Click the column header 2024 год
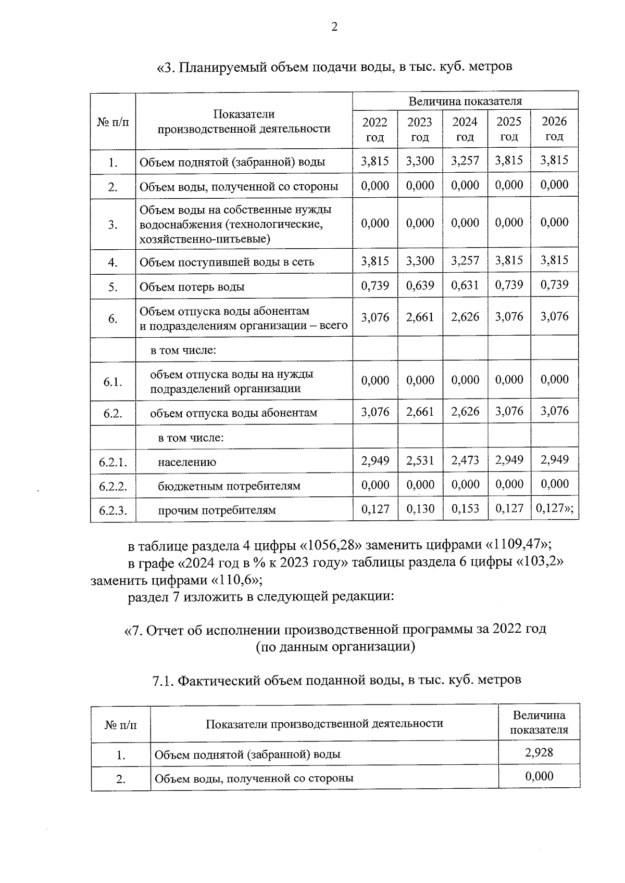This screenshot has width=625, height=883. point(465,129)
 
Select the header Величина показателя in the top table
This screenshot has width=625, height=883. point(465,101)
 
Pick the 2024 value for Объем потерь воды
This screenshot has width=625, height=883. point(465,286)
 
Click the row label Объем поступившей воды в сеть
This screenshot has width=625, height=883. point(227,262)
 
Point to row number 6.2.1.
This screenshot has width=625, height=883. point(113,462)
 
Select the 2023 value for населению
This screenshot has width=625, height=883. point(420,460)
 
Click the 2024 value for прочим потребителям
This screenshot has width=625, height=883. point(465,508)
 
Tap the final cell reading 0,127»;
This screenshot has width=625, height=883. point(555,508)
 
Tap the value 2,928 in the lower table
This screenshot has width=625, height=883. point(539,752)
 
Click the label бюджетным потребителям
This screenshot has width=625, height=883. point(229,486)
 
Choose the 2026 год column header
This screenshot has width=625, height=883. point(554,129)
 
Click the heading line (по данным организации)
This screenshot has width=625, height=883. point(335,647)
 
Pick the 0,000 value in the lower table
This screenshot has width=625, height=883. point(539,776)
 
